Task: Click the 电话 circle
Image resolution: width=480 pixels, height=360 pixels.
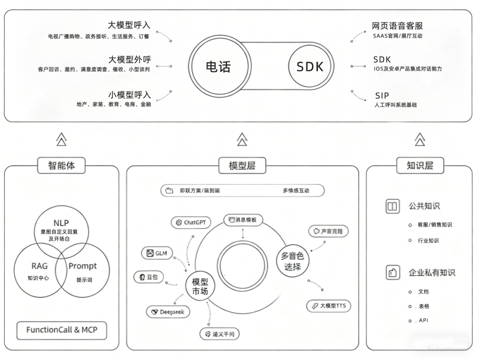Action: [218, 66]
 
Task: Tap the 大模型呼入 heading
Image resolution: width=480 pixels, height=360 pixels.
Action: [129, 25]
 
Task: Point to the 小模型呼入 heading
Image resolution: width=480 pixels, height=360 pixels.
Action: [129, 95]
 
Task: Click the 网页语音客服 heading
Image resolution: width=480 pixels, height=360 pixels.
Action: [397, 26]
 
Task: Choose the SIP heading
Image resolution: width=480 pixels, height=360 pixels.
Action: [382, 96]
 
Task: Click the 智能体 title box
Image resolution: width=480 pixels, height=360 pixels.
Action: [61, 166]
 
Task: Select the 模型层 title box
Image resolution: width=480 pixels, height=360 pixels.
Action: [242, 166]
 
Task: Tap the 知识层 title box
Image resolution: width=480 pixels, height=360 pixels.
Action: [420, 166]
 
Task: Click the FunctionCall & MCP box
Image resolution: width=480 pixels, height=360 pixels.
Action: [61, 330]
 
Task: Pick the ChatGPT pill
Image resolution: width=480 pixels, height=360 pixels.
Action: [191, 223]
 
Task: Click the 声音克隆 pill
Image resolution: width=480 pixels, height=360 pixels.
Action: [328, 231]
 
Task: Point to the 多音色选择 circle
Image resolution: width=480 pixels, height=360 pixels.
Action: [292, 261]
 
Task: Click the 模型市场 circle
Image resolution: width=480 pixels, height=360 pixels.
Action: [200, 286]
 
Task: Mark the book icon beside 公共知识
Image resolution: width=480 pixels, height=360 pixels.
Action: [392, 206]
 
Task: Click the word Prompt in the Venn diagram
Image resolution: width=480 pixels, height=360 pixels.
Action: [82, 266]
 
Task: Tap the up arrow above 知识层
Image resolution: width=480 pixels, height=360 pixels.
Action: [420, 139]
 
